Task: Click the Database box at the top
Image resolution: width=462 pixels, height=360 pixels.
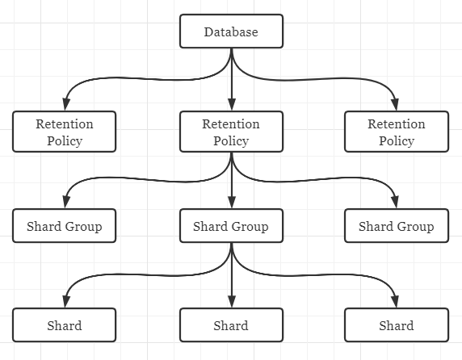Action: pyautogui.click(x=231, y=32)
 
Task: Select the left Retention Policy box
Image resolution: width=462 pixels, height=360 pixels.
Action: pyautogui.click(x=65, y=132)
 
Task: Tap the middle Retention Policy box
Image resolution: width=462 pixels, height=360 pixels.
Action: pyautogui.click(x=231, y=132)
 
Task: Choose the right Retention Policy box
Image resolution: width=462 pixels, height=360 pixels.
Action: pyautogui.click(x=397, y=132)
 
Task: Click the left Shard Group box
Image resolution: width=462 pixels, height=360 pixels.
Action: pyautogui.click(x=65, y=226)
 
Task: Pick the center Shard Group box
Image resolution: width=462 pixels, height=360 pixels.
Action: pyautogui.click(x=231, y=226)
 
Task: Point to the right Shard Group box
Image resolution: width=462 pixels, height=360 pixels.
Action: pyautogui.click(x=397, y=226)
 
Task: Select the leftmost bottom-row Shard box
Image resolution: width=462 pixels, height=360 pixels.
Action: pyautogui.click(x=65, y=326)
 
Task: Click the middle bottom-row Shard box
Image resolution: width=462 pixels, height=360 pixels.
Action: pyautogui.click(x=231, y=326)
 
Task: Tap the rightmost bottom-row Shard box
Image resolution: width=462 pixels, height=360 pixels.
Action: pyautogui.click(x=397, y=326)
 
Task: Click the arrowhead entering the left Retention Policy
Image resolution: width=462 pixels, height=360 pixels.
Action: pyautogui.click(x=65, y=106)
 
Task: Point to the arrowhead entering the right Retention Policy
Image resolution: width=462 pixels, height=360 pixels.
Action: pyautogui.click(x=397, y=106)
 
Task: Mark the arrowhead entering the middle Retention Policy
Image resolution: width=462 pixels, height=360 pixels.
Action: pyautogui.click(x=232, y=106)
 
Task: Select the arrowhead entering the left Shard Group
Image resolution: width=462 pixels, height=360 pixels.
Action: pyautogui.click(x=65, y=203)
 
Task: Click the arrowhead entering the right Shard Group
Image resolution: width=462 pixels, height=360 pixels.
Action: pyautogui.click(x=397, y=203)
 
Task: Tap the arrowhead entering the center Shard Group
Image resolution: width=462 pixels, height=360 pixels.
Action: pyautogui.click(x=232, y=203)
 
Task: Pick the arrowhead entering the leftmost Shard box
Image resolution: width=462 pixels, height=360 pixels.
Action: pyautogui.click(x=65, y=303)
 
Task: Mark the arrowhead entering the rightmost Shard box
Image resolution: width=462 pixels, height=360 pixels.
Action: pyautogui.click(x=397, y=303)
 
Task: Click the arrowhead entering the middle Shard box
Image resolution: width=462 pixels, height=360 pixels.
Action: pyautogui.click(x=232, y=303)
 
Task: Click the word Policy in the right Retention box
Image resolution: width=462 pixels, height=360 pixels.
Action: pyautogui.click(x=397, y=141)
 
